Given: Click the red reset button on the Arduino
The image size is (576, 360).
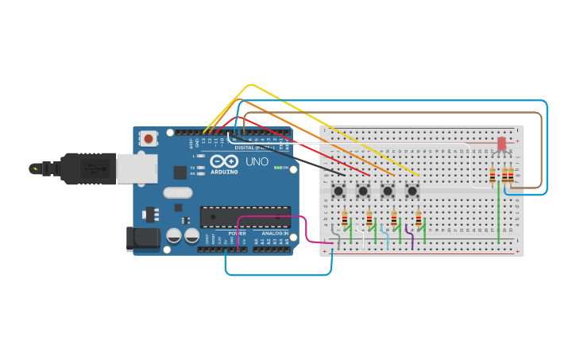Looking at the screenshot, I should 148,139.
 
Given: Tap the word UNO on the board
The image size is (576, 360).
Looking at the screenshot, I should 257,161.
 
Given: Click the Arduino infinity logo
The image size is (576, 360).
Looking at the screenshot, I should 224,161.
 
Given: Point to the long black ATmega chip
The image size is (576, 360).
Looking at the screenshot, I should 245,216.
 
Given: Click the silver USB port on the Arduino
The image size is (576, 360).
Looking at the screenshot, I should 137,168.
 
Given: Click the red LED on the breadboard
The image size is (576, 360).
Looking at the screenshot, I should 501,144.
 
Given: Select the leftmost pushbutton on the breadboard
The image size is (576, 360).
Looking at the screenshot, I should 338,191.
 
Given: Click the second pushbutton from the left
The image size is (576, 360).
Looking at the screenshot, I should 363,191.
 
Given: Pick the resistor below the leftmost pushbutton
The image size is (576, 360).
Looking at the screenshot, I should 345,219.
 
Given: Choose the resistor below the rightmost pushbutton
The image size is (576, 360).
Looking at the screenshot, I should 419,219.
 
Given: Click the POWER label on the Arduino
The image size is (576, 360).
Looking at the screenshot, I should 237,233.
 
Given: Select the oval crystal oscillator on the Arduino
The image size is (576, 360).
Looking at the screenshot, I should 178,192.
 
